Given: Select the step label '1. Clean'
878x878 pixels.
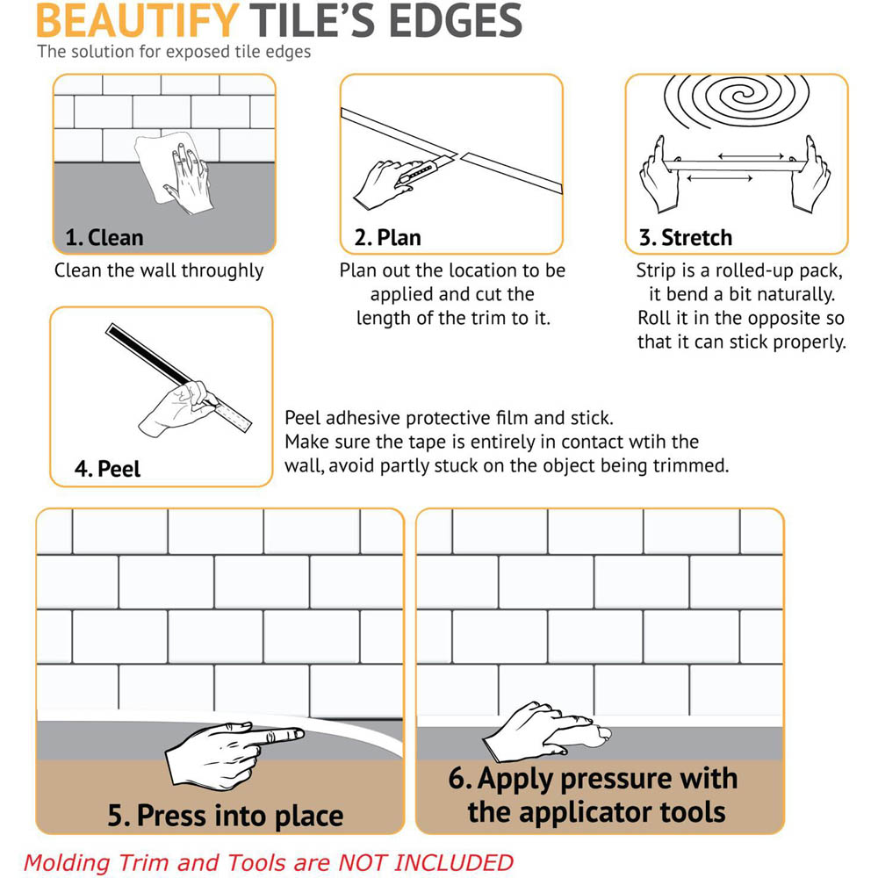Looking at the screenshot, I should click(104, 237).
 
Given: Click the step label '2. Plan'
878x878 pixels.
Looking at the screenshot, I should click(387, 237).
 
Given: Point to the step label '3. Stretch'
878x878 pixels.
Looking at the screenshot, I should click(685, 237).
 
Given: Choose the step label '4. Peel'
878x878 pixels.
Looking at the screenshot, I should click(107, 469).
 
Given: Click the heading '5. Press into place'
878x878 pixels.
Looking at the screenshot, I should click(226, 816).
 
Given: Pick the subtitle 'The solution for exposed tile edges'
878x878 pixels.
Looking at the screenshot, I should click(174, 52).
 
